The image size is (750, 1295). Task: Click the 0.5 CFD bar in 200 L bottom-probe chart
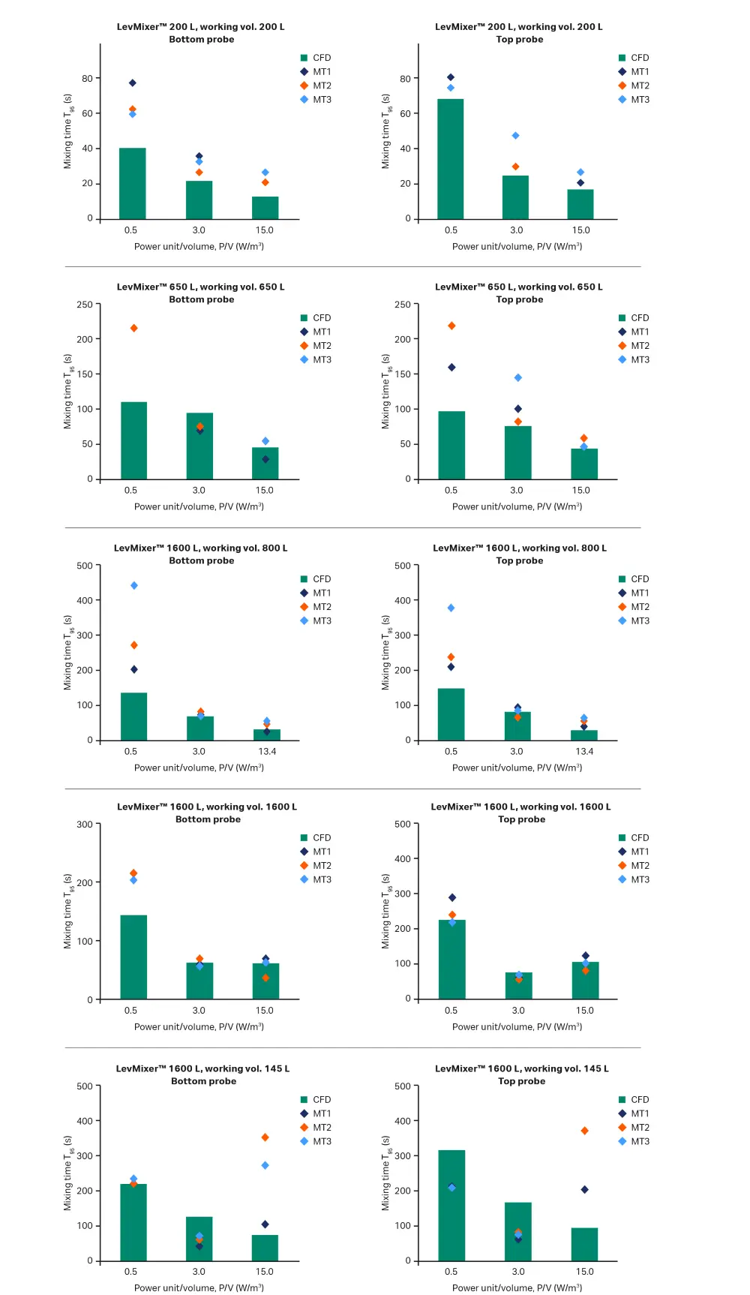(133, 183)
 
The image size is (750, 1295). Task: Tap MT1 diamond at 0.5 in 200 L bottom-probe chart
(133, 83)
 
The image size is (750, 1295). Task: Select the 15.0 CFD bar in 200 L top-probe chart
(580, 204)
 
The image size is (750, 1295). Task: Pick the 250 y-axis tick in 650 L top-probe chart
(403, 305)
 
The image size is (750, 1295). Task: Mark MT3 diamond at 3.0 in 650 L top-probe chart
(518, 378)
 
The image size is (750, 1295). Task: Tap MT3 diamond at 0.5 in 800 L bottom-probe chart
(134, 586)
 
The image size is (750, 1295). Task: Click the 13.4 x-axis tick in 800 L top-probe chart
(584, 752)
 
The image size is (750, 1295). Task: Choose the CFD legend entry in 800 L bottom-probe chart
(322, 579)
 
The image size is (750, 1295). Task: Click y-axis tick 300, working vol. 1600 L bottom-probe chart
(85, 825)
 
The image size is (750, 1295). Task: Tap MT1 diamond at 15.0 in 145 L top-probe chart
(585, 1190)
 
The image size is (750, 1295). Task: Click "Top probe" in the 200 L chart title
(520, 40)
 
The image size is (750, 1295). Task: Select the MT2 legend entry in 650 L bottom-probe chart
(322, 346)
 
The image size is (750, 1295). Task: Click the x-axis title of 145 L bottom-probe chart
(199, 1287)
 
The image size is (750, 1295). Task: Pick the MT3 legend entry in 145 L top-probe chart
(640, 1142)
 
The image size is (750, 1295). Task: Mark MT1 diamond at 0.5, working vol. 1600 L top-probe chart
(452, 898)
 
